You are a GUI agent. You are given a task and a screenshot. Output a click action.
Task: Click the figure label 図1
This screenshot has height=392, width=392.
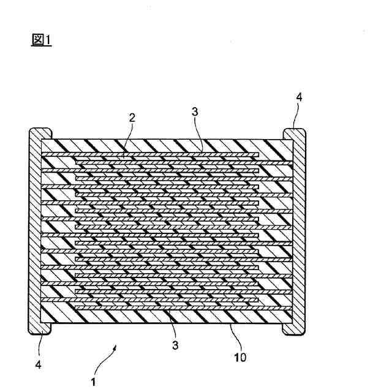(42, 40)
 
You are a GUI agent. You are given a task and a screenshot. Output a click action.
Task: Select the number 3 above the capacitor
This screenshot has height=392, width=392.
(195, 112)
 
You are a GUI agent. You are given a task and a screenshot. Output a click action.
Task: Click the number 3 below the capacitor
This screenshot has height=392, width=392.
(175, 345)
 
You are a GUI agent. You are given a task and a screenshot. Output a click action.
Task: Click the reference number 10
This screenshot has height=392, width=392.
(240, 356)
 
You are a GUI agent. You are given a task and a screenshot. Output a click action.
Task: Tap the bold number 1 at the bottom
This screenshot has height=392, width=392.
(93, 382)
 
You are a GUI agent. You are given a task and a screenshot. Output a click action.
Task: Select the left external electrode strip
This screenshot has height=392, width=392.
(35, 233)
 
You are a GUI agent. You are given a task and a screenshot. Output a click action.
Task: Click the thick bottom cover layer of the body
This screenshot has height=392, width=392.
(165, 315)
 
